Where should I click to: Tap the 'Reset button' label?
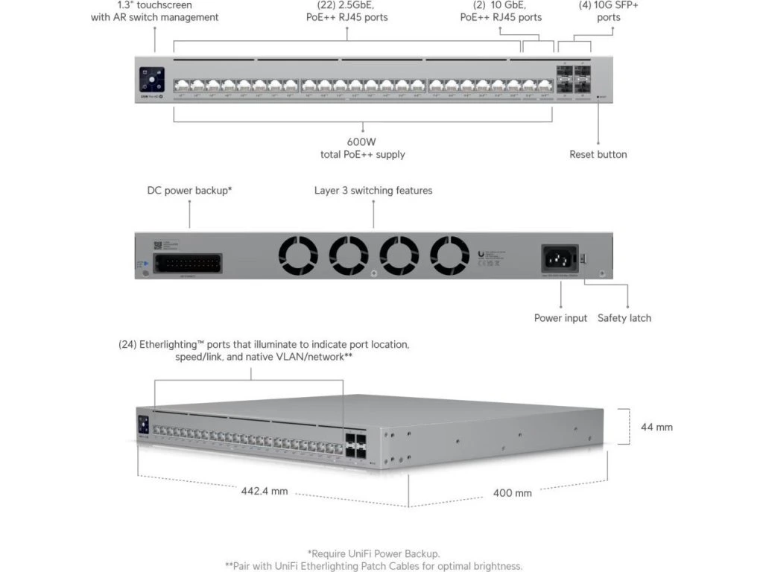(x=598, y=154)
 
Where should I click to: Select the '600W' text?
(x=363, y=141)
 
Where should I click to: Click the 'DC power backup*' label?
(x=189, y=191)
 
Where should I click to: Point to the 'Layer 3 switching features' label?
(x=373, y=191)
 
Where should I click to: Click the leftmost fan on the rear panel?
(x=297, y=255)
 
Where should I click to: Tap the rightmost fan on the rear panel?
(x=449, y=255)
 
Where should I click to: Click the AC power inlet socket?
(x=560, y=258)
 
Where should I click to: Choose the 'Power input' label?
(x=560, y=318)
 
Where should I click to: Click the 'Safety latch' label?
(x=624, y=318)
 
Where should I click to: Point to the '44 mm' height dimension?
(x=656, y=427)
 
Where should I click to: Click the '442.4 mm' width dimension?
(x=264, y=492)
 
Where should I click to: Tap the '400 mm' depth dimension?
(x=513, y=493)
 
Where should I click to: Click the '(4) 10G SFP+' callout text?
(x=609, y=5)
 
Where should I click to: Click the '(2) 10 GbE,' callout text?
(x=500, y=5)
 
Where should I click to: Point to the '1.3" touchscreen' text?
(x=154, y=5)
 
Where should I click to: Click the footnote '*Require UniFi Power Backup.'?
(x=373, y=553)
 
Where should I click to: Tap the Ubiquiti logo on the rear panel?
(x=480, y=254)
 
